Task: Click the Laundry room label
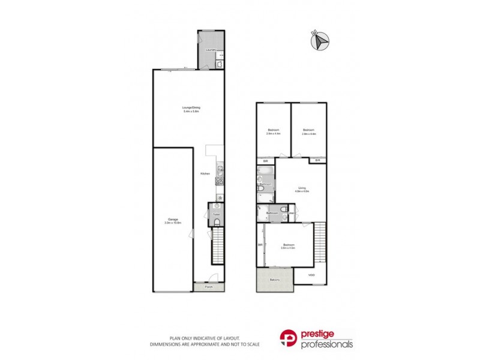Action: click(210, 50)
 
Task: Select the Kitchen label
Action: click(205, 173)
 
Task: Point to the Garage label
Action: click(172, 220)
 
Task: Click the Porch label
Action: click(209, 287)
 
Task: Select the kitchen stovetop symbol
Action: click(220, 180)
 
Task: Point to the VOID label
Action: click(311, 275)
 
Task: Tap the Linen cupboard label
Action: click(292, 213)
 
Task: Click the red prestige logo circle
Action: click(289, 339)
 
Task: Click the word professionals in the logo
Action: click(326, 344)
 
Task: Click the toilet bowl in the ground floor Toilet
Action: click(216, 223)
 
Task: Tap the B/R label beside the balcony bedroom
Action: click(261, 245)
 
